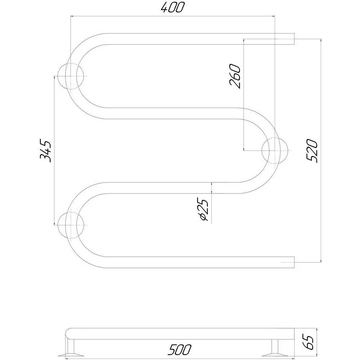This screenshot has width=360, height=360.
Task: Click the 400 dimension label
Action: pyautogui.click(x=172, y=7)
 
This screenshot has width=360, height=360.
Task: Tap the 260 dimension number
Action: pyautogui.click(x=235, y=76)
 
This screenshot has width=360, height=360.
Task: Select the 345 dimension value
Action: pyautogui.click(x=45, y=150)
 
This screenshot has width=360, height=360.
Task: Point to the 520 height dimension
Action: pyautogui.click(x=312, y=150)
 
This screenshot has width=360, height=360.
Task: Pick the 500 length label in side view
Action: pyautogui.click(x=179, y=349)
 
